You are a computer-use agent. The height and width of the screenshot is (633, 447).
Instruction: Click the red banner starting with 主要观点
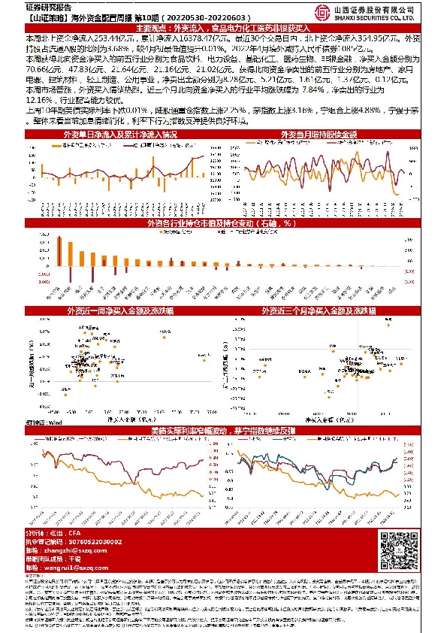coord(223,26)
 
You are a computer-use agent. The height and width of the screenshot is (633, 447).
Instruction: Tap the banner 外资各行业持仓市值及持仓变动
coord(223,223)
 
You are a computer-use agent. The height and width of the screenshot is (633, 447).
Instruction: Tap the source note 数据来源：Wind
coord(43,424)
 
